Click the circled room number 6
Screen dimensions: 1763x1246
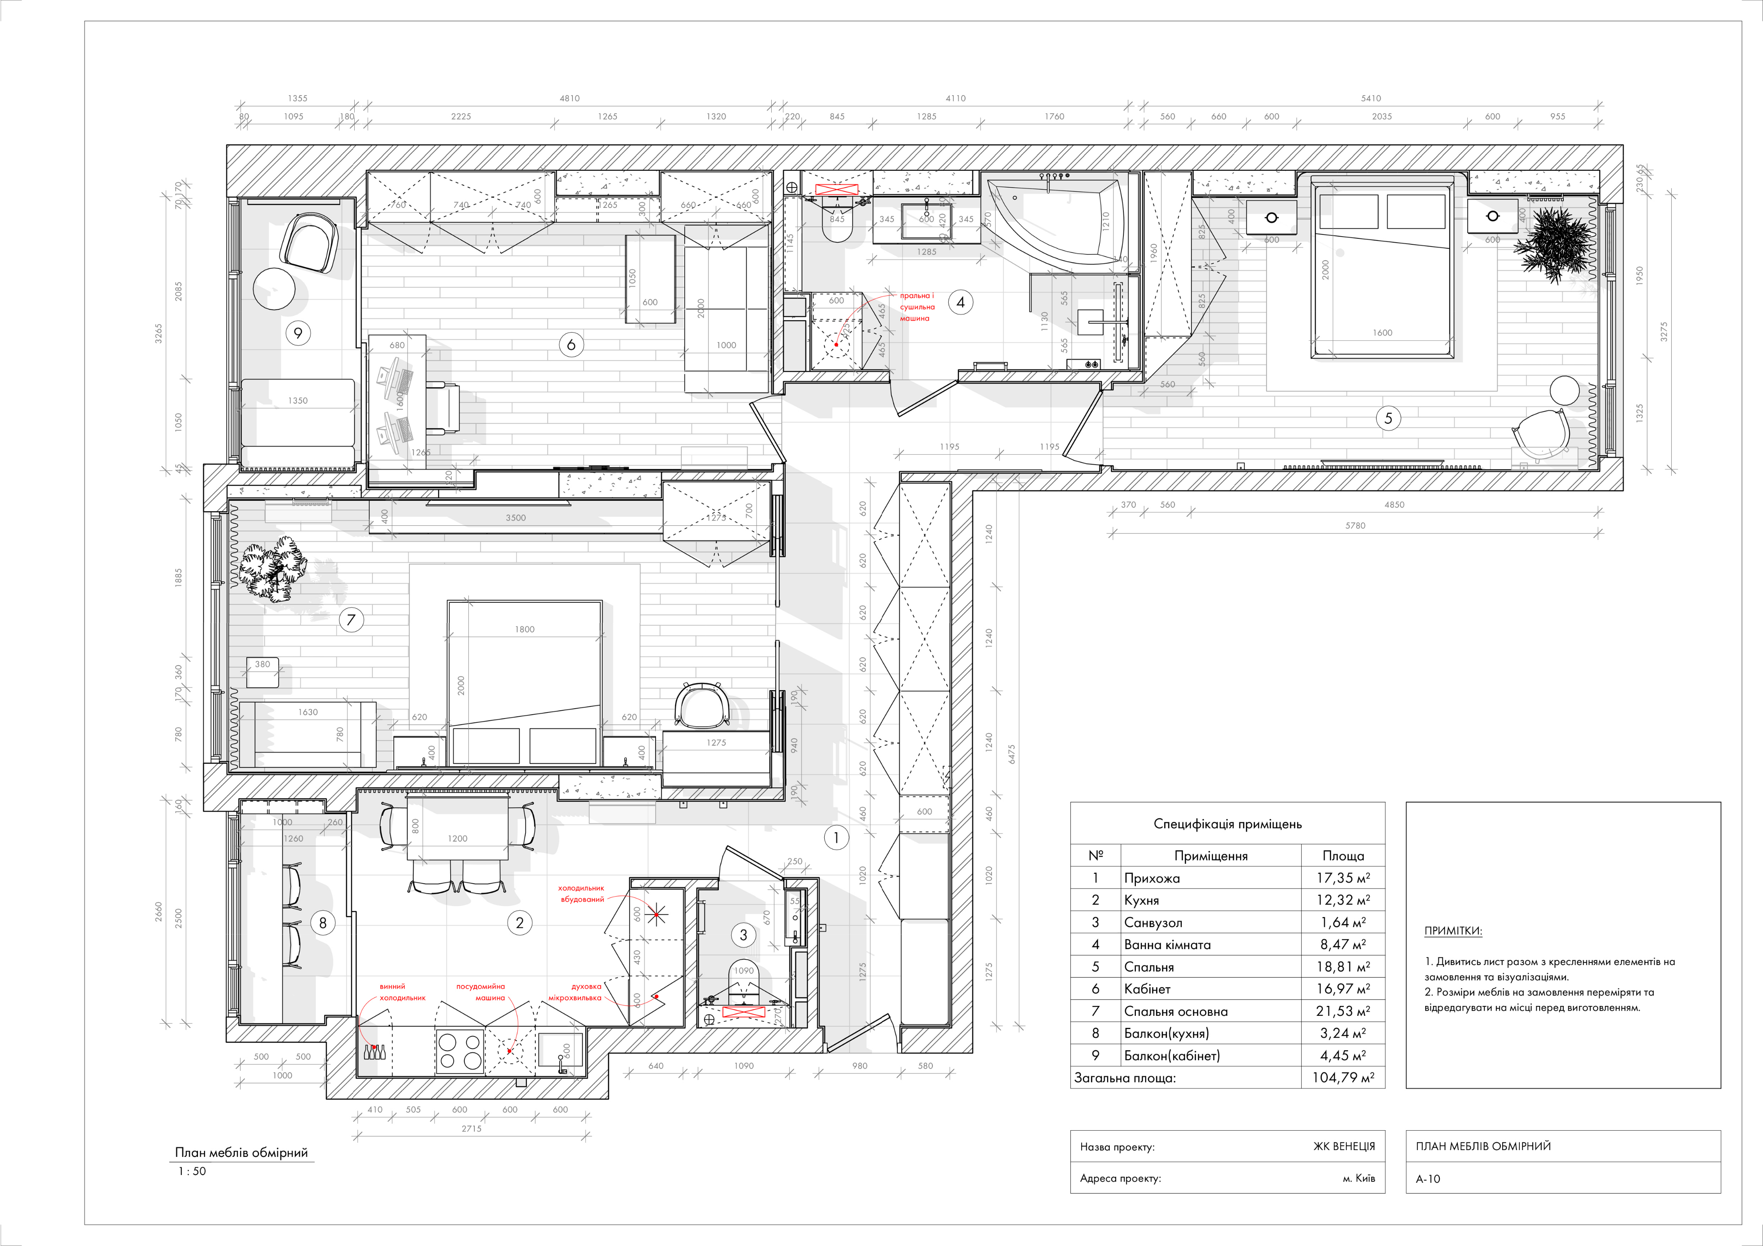pyautogui.click(x=570, y=345)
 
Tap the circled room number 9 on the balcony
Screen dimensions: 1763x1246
pyautogui.click(x=298, y=333)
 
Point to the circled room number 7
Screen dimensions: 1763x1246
pyautogui.click(x=351, y=620)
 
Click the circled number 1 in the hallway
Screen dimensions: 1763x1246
pyautogui.click(x=836, y=838)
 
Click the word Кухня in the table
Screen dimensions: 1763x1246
pyautogui.click(x=1141, y=900)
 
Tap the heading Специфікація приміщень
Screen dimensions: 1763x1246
pyautogui.click(x=1227, y=824)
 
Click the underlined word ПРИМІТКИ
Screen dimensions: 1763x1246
pyautogui.click(x=1453, y=931)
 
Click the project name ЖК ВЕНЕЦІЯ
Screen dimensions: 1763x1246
pyautogui.click(x=1344, y=1146)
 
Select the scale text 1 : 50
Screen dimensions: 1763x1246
pyautogui.click(x=192, y=1171)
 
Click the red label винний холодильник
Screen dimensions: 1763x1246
pyautogui.click(x=402, y=992)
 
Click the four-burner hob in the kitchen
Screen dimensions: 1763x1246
pyautogui.click(x=459, y=1051)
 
